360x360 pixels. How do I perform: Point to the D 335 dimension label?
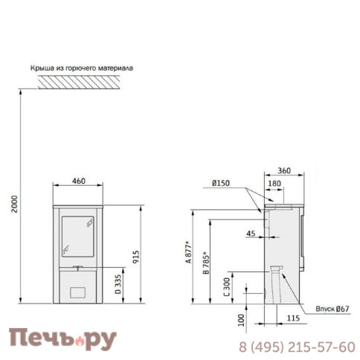tap(119, 284)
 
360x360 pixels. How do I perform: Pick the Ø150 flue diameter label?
tap(220, 183)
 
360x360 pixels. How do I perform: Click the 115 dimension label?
tap(294, 318)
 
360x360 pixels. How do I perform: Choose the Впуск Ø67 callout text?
tap(332, 309)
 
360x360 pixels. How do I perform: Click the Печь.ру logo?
tap(62, 339)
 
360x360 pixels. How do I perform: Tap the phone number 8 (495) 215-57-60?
tap(297, 347)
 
